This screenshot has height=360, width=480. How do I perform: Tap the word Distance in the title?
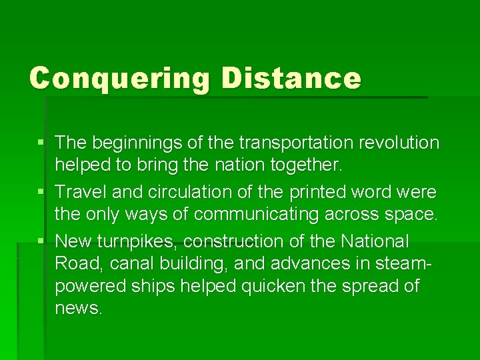[x=291, y=77]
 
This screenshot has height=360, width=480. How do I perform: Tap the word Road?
[x=75, y=263]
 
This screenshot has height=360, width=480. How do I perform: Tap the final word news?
[x=78, y=309]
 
